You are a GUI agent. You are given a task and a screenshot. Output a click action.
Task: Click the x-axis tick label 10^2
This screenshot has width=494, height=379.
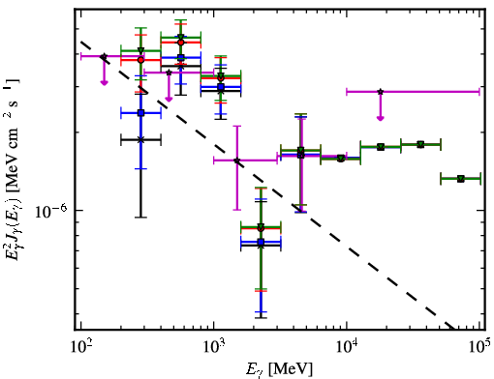point(80,348)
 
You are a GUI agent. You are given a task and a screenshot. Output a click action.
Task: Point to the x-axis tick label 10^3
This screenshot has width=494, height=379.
point(213,348)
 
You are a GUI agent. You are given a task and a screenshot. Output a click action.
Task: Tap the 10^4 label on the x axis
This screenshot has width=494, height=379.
point(347,348)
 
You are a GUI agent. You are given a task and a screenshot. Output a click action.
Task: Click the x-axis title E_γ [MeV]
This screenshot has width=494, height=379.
point(279,369)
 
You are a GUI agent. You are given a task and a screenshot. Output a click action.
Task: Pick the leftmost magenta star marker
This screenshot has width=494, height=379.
point(104,56)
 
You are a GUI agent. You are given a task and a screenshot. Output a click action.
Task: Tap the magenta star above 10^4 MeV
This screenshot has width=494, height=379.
point(381,92)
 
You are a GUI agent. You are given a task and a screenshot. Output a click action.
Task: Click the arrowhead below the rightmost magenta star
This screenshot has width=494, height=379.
point(381,118)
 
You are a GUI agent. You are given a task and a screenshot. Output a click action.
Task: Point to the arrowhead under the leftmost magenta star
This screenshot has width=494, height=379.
point(104,83)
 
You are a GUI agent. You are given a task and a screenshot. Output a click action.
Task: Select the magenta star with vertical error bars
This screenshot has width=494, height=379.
point(237,160)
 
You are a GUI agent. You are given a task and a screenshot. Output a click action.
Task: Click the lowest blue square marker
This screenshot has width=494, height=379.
point(261,242)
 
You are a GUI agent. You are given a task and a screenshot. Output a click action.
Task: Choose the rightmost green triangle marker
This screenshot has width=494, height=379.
point(461,179)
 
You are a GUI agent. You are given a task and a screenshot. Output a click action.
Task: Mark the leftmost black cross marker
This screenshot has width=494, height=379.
point(140,139)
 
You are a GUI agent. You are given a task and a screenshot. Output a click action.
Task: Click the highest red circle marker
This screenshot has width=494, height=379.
point(181,43)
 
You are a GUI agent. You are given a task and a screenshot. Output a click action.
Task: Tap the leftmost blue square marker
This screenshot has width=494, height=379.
point(140,113)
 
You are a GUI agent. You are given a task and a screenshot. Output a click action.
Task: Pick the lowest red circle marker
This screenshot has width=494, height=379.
point(261,228)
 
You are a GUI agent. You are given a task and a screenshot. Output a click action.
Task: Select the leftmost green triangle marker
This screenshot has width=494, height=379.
point(140,50)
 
